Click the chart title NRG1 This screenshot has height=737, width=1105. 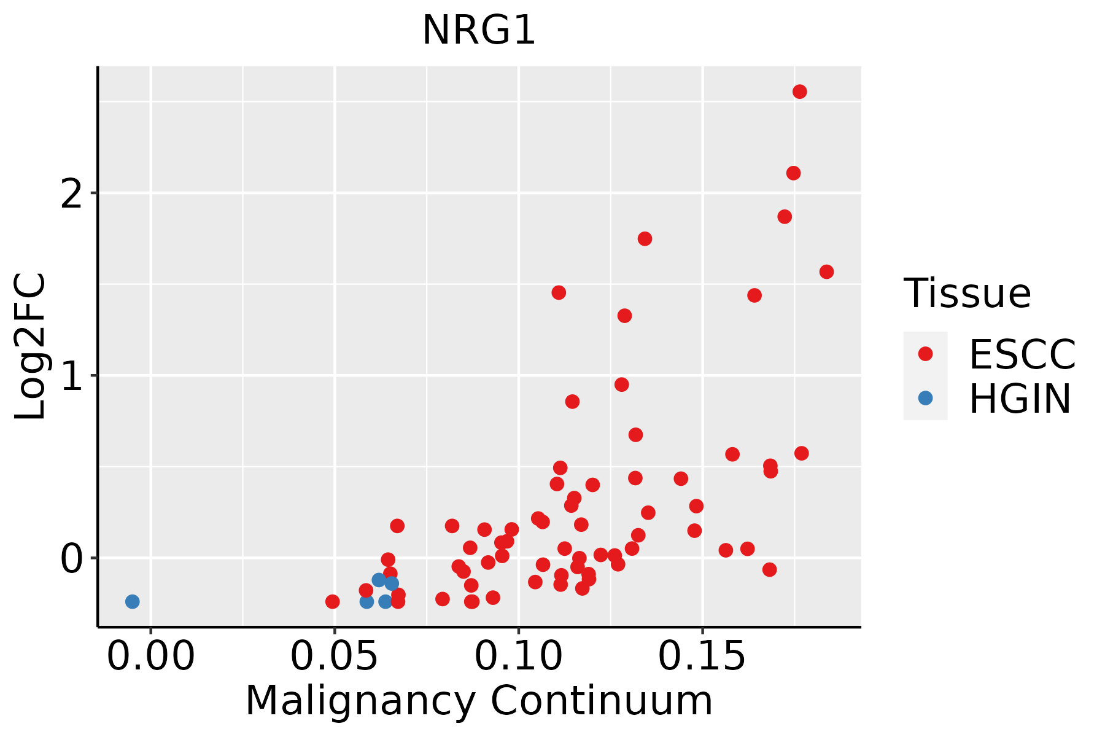point(479,30)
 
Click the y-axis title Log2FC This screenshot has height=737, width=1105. point(30,347)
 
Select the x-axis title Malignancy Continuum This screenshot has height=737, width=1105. point(479,701)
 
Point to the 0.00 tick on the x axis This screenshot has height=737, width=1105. point(151,657)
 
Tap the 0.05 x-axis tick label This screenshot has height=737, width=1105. point(335,657)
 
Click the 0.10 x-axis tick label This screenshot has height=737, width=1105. point(519,657)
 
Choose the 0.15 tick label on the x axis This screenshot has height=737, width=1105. point(702,657)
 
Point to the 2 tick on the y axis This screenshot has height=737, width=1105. point(72,193)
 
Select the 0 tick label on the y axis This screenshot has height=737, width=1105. point(72,558)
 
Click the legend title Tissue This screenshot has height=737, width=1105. point(967,294)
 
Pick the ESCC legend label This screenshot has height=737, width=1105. point(1022,354)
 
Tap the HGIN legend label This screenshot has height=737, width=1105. point(1020,399)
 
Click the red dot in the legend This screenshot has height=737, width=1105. point(925,354)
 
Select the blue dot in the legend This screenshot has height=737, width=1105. point(925,398)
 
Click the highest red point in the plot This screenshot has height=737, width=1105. point(800,92)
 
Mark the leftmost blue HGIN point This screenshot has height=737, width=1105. point(132,601)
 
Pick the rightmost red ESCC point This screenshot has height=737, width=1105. point(826,271)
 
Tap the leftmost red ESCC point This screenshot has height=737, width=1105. point(332,601)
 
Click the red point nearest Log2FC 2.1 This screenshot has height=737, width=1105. point(793,173)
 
